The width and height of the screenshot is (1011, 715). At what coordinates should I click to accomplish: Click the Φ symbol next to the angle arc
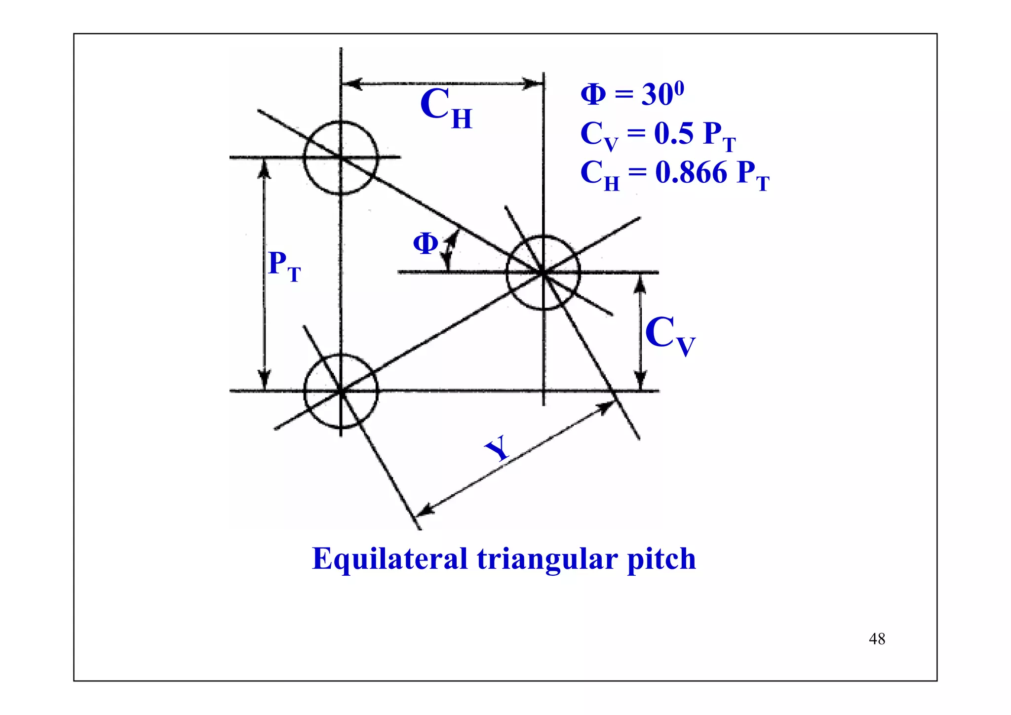click(425, 243)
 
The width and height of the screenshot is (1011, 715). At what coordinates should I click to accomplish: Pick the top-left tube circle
click(341, 158)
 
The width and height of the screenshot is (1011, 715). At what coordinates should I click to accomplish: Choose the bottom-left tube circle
click(341, 391)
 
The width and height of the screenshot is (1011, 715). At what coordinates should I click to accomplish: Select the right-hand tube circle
click(543, 273)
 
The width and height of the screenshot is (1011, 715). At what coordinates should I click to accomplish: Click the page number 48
click(877, 639)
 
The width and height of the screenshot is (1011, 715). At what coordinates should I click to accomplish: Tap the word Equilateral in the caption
click(389, 559)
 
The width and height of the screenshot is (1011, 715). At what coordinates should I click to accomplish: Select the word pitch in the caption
click(661, 560)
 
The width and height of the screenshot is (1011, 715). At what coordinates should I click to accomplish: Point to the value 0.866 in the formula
click(691, 173)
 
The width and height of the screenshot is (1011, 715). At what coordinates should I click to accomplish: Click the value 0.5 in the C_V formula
click(673, 133)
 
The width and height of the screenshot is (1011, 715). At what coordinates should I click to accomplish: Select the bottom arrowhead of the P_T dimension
click(265, 381)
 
